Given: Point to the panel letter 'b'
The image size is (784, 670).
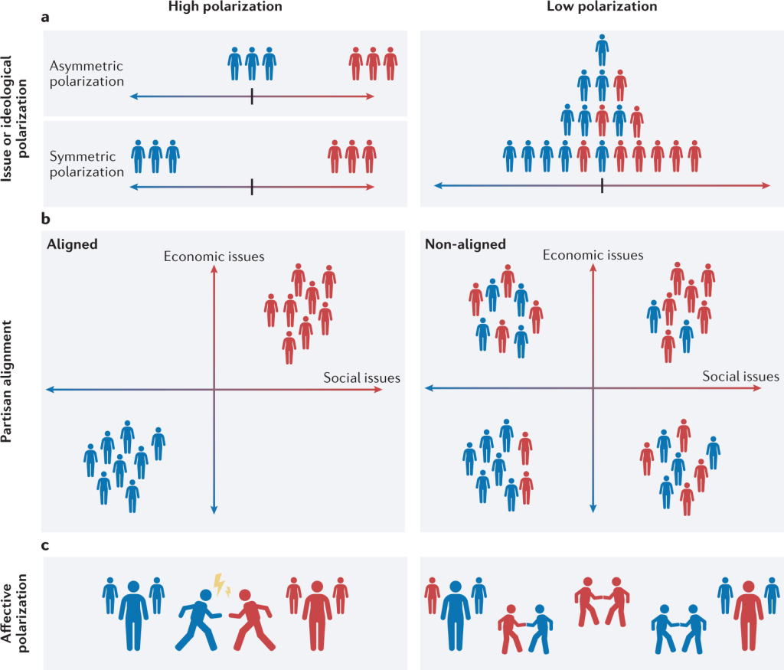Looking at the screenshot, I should (x=46, y=219).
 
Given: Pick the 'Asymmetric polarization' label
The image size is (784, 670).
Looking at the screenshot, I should (x=86, y=74).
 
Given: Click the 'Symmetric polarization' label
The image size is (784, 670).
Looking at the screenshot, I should (x=86, y=164).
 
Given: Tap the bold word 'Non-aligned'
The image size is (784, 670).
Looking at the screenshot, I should (x=465, y=244).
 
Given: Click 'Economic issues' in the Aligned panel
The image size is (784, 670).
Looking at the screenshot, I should (x=214, y=257).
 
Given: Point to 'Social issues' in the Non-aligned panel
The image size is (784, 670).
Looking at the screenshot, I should (x=741, y=377).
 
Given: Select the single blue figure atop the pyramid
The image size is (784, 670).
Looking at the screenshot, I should (x=602, y=49).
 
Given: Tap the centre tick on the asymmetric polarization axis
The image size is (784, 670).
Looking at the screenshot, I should (x=252, y=96).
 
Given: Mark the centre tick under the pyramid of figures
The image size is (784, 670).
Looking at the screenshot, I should (x=602, y=185).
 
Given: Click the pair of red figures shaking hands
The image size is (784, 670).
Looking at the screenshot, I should (x=602, y=605).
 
